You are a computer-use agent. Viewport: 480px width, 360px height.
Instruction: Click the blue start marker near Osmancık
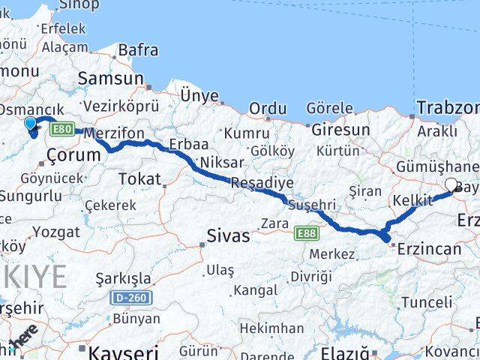(30, 123)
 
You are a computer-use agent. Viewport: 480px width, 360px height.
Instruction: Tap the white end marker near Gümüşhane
(451, 184)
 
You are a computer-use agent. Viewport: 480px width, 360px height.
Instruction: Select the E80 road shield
(62, 130)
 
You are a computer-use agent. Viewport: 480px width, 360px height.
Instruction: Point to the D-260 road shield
(132, 298)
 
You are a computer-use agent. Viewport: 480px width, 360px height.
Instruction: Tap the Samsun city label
(110, 78)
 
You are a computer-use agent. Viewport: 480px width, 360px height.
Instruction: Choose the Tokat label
(140, 178)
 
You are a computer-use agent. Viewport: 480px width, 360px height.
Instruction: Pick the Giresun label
(340, 129)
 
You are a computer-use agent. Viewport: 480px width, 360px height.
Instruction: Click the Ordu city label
(268, 109)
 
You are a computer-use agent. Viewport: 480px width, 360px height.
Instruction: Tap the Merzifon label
(114, 133)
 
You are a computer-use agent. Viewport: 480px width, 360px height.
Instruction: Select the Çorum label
(73, 155)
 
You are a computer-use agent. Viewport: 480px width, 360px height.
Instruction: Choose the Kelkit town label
(412, 201)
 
